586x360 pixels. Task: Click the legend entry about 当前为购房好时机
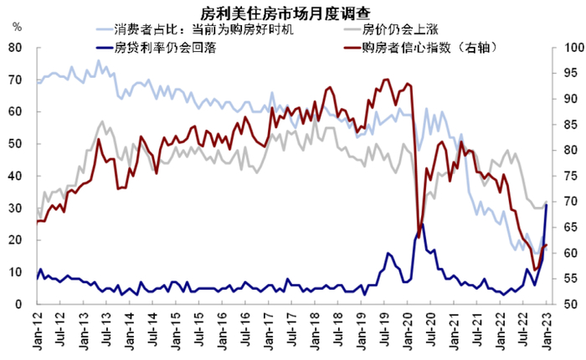point(192,31)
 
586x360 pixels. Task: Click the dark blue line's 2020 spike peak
point(422,224)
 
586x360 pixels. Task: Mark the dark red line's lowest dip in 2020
point(419,235)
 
